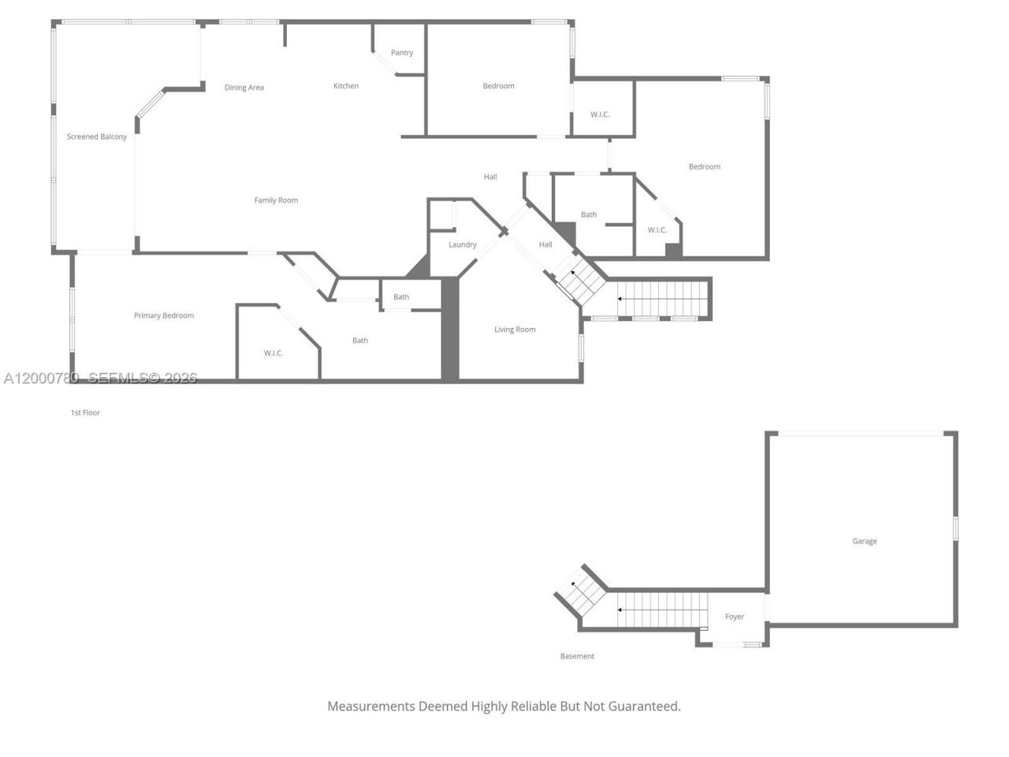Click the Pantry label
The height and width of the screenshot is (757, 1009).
tap(402, 53)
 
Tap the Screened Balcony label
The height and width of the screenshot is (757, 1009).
tap(96, 136)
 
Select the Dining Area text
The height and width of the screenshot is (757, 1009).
tap(244, 88)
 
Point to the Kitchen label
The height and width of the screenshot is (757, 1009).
tap(346, 86)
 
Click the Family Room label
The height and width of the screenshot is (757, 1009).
tap(276, 200)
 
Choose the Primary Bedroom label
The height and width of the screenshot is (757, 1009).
tap(164, 315)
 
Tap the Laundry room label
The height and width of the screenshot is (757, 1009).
tap(463, 245)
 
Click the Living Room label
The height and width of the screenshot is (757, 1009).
tap(515, 330)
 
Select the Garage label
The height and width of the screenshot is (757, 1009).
tap(864, 542)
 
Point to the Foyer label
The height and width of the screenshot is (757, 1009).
tap(734, 617)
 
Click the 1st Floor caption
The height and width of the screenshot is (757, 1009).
tap(85, 412)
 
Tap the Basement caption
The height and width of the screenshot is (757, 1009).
tap(577, 656)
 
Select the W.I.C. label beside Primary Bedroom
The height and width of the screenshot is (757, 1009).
tap(273, 353)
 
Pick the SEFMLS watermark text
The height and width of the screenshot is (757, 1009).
tap(143, 378)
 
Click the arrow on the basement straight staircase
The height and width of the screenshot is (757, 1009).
tap(662, 610)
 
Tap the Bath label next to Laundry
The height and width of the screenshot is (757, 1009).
tap(401, 297)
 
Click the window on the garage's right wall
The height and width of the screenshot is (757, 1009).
tap(955, 528)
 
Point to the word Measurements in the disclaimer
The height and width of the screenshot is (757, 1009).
tap(371, 707)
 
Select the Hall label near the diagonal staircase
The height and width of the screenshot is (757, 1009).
tap(545, 245)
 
